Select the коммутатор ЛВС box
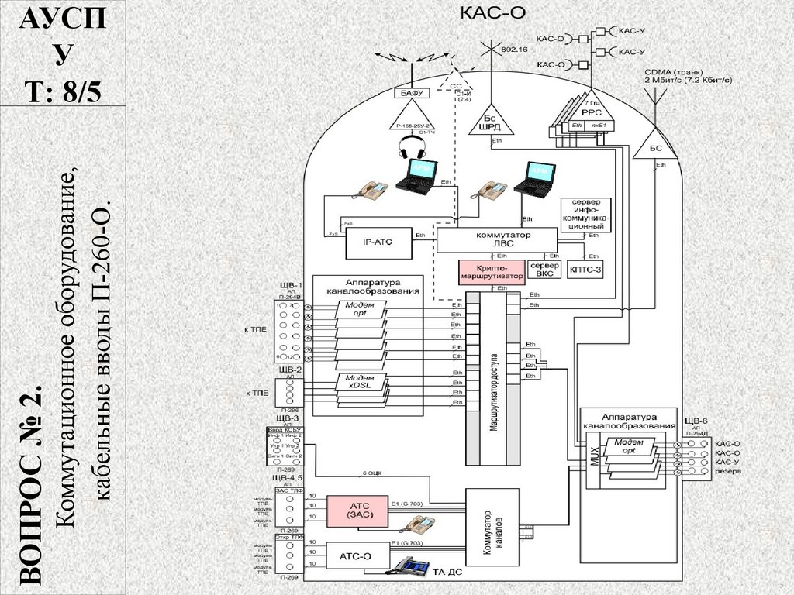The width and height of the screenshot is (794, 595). click(497, 239)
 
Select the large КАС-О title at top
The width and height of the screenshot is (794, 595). click(489, 13)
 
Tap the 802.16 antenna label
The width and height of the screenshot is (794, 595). click(515, 49)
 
